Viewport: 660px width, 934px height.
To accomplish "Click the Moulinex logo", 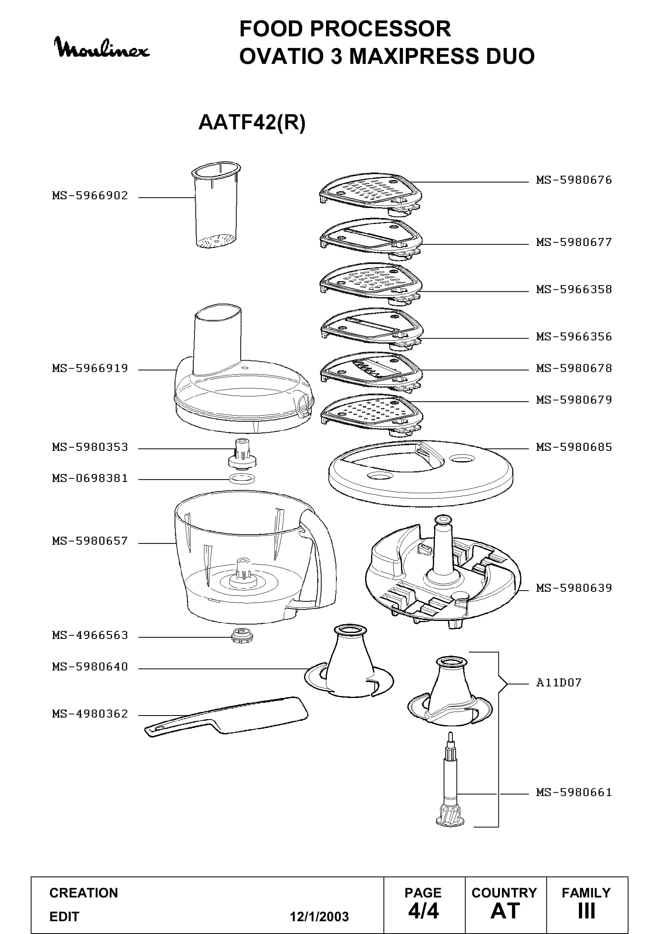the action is coord(102,48).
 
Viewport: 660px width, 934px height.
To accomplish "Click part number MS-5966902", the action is coord(90,196).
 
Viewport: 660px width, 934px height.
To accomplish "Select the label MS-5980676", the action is coord(573,180).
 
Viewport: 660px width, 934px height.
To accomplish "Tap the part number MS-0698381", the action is coord(90,478).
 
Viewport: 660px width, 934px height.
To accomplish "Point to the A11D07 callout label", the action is coord(558,682).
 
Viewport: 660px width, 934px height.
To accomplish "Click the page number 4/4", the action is coord(423,911).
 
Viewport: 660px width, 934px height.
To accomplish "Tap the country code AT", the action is coord(505,911).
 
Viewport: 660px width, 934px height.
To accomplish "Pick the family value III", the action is coord(587,911).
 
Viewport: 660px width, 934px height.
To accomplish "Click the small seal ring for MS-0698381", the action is coord(242,478).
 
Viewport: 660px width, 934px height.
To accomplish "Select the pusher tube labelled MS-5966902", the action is coord(216,206).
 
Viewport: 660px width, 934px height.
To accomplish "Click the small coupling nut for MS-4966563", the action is coord(239,635).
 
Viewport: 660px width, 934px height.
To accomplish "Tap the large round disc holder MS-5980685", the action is coord(421,473).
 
